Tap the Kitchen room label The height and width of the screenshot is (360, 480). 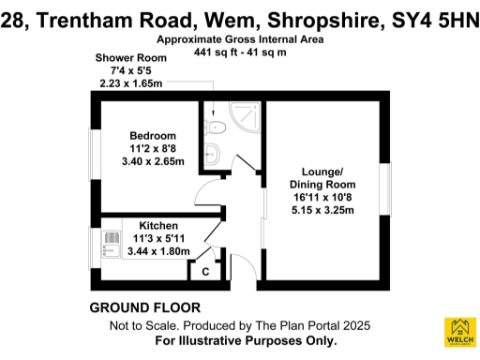tap(158, 226)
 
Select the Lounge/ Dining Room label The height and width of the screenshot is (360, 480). tap(322, 177)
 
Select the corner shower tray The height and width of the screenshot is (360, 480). tap(245, 116)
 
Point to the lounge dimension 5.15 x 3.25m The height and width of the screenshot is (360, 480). tap(322, 211)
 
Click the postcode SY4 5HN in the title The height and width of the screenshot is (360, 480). tap(433, 16)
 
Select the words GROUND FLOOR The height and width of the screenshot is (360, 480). tap(144, 308)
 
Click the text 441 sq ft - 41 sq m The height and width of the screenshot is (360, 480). tap(240, 52)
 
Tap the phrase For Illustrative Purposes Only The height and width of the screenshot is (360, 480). tap(246, 341)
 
